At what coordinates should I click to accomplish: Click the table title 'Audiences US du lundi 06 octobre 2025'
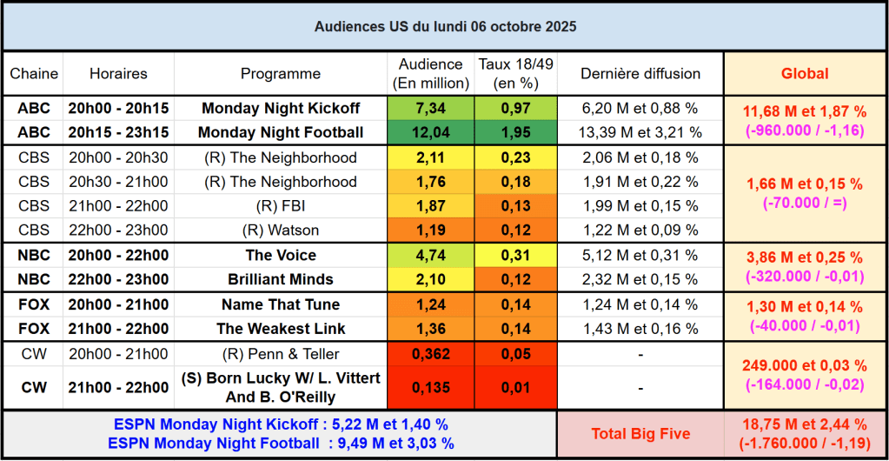click(x=444, y=27)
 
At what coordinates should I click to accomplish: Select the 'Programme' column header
click(x=281, y=74)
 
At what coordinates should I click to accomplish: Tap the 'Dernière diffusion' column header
click(x=640, y=74)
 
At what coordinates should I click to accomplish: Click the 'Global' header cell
click(x=805, y=74)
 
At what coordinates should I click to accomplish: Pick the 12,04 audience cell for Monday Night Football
click(x=431, y=133)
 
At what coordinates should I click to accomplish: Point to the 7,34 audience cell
click(x=431, y=109)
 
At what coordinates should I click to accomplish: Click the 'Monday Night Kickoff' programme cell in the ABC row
click(x=281, y=109)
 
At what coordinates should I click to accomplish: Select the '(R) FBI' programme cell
click(x=281, y=206)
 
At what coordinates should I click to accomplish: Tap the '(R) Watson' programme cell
click(x=281, y=230)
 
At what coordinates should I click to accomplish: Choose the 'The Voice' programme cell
click(x=281, y=256)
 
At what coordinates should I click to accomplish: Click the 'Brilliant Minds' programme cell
click(x=281, y=280)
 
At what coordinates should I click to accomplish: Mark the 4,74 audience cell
click(x=431, y=256)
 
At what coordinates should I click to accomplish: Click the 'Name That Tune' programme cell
click(x=281, y=304)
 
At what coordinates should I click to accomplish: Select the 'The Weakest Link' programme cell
click(x=281, y=329)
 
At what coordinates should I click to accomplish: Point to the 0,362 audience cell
click(x=431, y=354)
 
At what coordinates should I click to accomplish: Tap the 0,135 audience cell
click(x=431, y=388)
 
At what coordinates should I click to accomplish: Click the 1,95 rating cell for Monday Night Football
click(x=515, y=133)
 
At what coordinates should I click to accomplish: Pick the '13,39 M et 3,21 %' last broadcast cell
click(x=640, y=133)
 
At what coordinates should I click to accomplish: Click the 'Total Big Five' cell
click(x=640, y=433)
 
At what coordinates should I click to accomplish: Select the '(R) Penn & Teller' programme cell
click(x=281, y=354)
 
